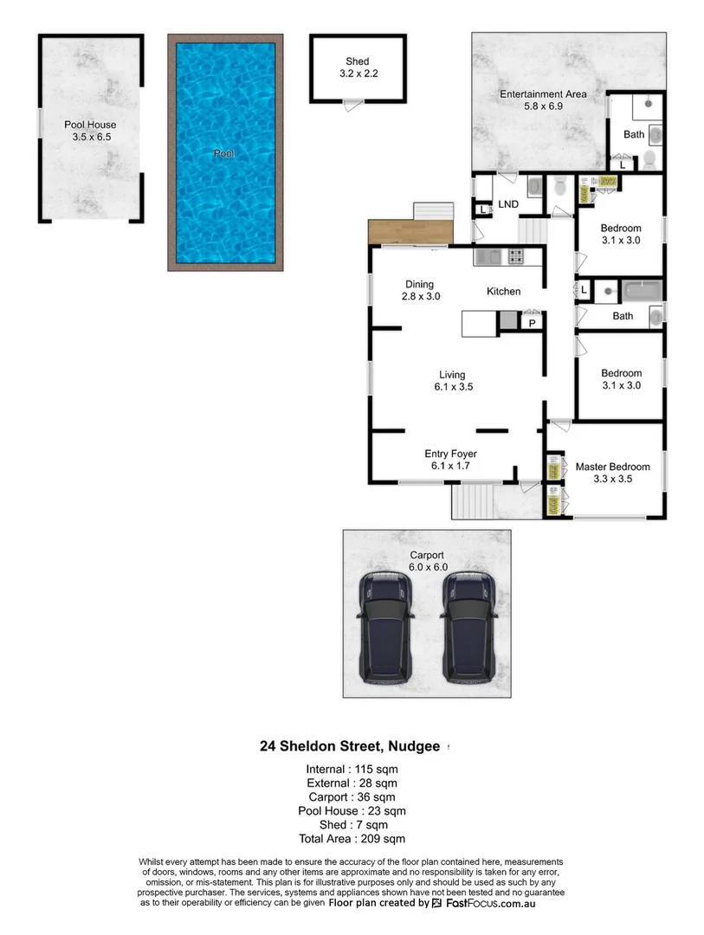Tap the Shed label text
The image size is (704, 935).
click(358, 61)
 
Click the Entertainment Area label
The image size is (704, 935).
click(543, 93)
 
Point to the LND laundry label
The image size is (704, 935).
click(508, 204)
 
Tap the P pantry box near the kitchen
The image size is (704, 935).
click(532, 323)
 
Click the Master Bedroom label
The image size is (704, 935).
click(612, 467)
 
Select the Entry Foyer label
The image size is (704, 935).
click(450, 453)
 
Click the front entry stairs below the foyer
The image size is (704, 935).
click(474, 500)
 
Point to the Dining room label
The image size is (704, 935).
click(420, 284)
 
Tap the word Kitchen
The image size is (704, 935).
click(503, 291)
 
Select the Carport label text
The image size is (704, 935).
click(427, 555)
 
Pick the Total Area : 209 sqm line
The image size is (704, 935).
click(352, 838)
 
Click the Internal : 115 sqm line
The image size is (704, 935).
click(352, 769)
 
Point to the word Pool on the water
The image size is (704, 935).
click(224, 154)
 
